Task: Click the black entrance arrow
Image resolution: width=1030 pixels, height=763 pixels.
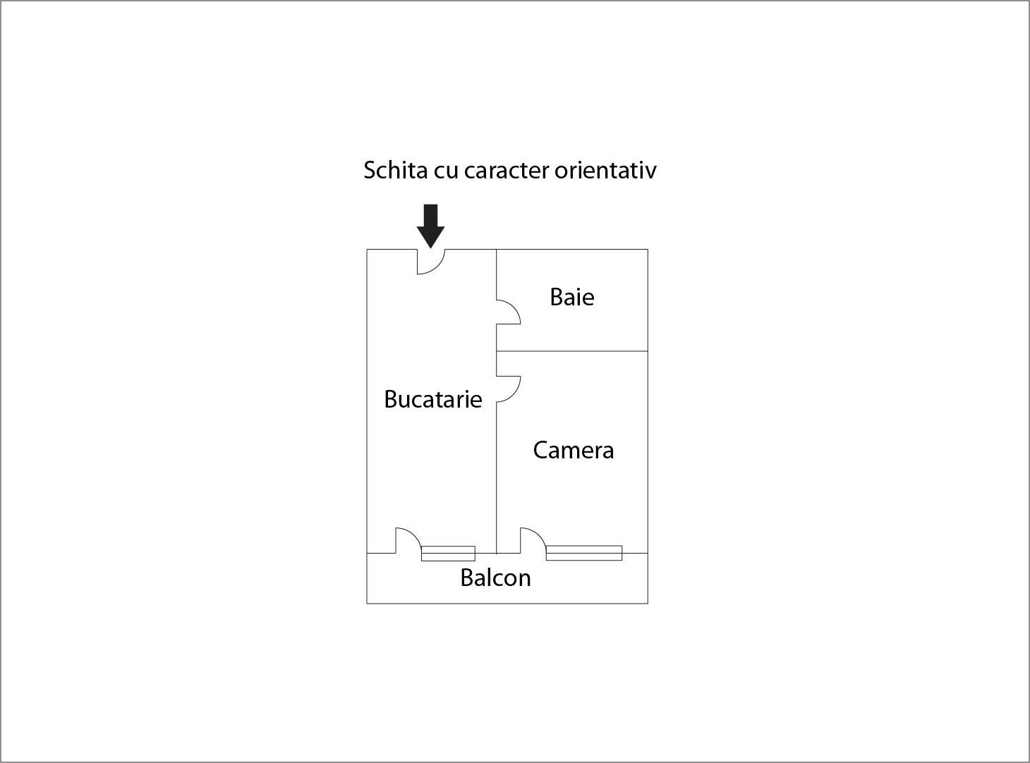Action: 430,226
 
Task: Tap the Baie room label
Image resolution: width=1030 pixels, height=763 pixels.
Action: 571,297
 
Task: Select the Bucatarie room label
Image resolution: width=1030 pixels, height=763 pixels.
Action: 432,399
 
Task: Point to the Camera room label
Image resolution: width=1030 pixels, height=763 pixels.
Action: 573,450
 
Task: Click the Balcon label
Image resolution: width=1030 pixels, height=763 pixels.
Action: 495,578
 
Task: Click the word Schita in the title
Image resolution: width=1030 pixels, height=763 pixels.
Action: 395,169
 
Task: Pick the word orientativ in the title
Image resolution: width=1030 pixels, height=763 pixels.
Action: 605,169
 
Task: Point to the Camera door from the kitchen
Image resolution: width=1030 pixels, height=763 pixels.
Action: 514,393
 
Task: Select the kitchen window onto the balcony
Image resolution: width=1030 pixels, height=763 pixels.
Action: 448,553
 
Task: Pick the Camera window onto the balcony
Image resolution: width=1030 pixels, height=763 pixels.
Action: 583,553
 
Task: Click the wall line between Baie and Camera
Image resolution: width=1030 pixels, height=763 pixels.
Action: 572,351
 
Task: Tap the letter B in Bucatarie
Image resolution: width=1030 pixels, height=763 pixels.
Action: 391,399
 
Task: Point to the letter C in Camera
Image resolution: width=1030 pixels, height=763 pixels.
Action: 540,450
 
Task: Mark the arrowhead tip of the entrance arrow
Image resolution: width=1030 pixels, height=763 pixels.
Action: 430,248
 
